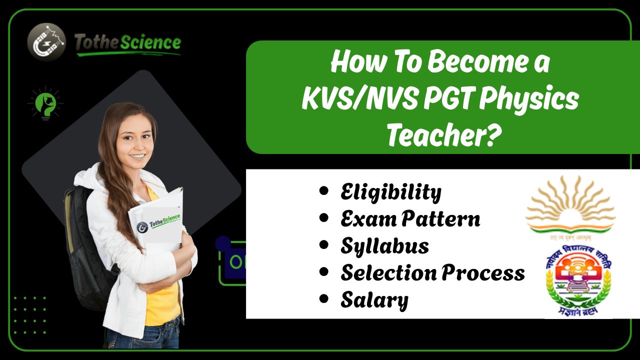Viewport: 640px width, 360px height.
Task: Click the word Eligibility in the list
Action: [x=391, y=192]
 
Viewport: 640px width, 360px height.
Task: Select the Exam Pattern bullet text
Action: [x=410, y=219]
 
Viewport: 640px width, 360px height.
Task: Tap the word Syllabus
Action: [x=384, y=246]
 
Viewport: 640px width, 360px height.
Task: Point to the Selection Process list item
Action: [x=432, y=273]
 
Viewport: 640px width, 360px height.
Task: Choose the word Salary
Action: [x=374, y=300]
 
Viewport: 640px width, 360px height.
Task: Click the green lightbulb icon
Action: [x=45, y=103]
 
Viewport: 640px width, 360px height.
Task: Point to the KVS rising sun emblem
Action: [x=570, y=205]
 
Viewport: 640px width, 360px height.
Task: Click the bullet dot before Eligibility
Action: [x=324, y=191]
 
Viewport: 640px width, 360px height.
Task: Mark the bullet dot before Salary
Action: [x=324, y=299]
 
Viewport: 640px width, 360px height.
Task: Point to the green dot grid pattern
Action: [x=30, y=315]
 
